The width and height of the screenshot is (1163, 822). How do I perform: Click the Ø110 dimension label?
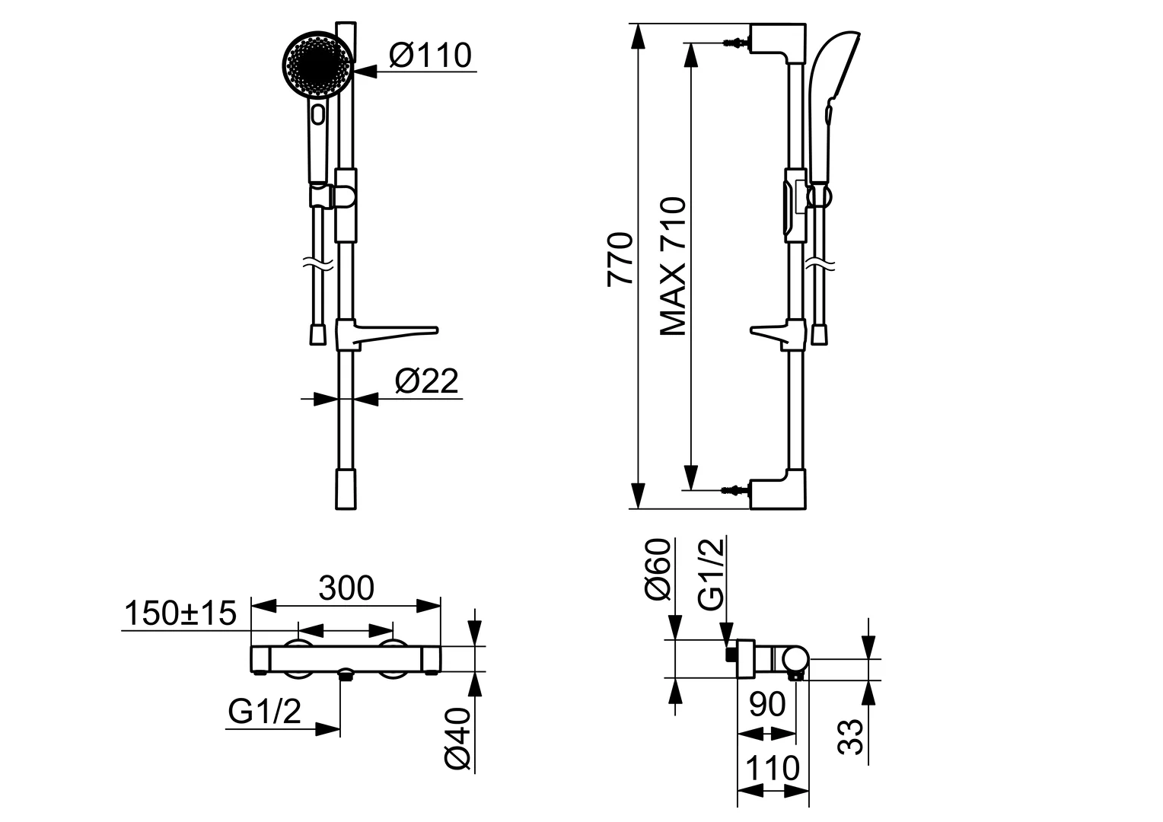[x=430, y=55]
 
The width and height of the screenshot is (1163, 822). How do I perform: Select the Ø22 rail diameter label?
[x=427, y=381]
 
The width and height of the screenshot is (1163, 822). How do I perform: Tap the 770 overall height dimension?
[x=621, y=259]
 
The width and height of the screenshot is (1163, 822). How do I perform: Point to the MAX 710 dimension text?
[x=674, y=266]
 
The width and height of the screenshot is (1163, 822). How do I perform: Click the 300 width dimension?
[x=346, y=588]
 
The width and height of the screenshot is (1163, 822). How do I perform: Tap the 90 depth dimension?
[x=767, y=705]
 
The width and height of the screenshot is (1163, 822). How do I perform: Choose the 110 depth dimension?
[x=773, y=769]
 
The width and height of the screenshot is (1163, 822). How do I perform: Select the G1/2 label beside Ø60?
[x=712, y=572]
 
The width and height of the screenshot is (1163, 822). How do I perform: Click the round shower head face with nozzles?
[x=318, y=65]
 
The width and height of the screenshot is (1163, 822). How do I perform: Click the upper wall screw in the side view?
[x=734, y=42]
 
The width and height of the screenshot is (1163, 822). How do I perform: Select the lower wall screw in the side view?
[x=734, y=490]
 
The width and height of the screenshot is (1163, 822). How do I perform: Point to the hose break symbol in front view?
[x=317, y=266]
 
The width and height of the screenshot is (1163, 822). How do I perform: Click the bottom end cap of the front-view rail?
[x=346, y=489]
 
